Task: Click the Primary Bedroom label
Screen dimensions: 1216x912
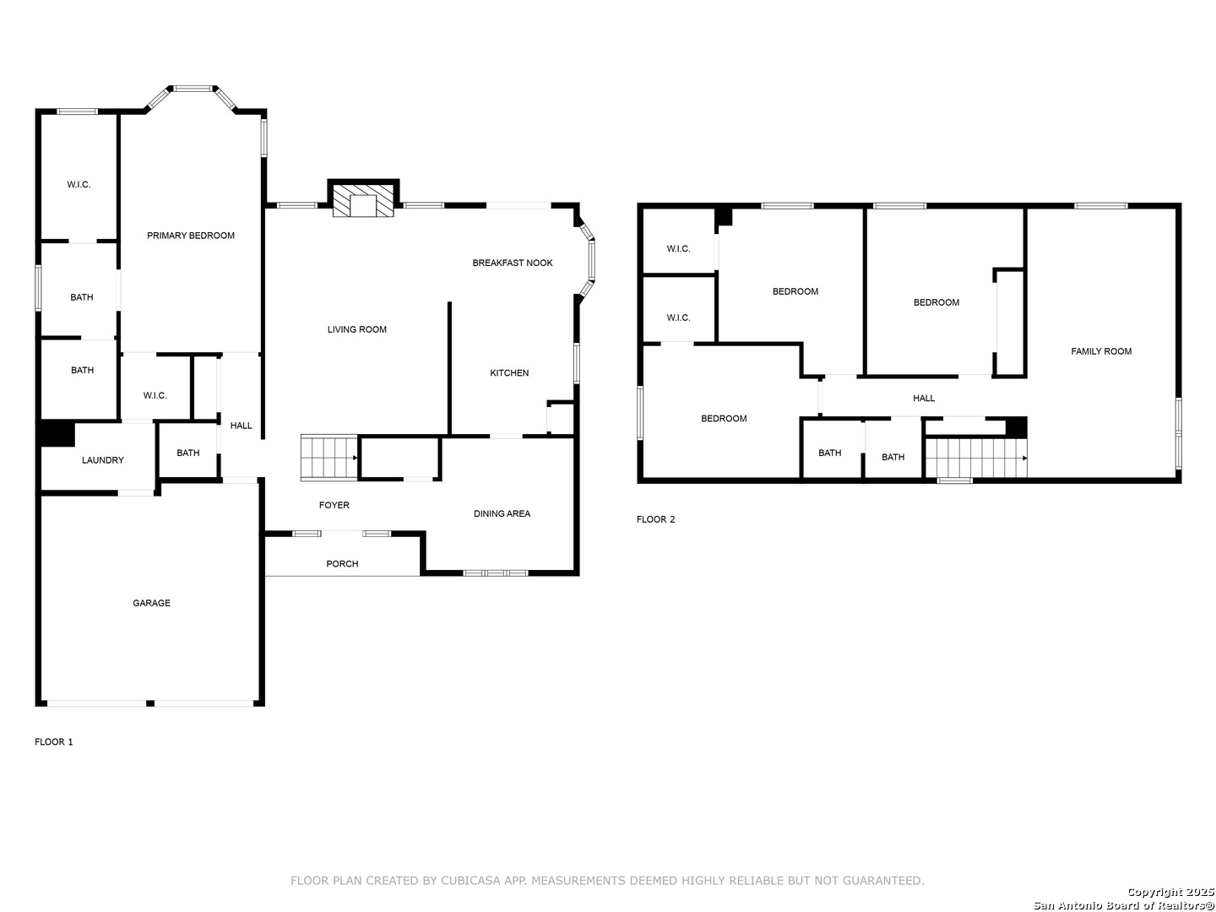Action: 190,236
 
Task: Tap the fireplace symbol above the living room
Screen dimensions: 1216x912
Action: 363,200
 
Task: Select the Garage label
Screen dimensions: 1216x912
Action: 151,602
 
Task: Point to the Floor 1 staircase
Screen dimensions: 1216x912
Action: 329,458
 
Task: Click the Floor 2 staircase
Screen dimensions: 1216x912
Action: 976,458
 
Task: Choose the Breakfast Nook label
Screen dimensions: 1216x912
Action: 512,263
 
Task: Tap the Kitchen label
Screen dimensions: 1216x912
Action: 509,372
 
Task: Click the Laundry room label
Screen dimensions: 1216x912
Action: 102,459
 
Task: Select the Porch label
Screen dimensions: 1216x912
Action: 342,563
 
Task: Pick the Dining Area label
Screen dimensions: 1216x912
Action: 502,513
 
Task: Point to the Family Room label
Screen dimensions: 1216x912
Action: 1100,351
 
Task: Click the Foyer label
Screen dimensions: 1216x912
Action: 334,504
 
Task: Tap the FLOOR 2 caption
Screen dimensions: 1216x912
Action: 655,518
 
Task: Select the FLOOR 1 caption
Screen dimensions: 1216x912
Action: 54,741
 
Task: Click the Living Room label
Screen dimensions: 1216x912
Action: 356,329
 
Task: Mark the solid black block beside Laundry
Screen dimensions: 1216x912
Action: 57,433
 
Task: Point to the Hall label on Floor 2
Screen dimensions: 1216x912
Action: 924,398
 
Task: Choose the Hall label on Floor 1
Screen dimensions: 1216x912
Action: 241,426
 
